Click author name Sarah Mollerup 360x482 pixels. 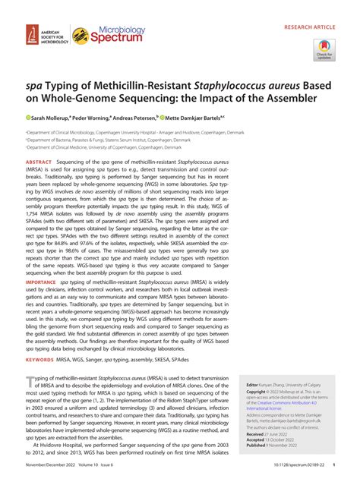click(x=52, y=119)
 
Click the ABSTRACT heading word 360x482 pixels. click(x=39, y=163)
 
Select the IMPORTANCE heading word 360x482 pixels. click(x=42, y=282)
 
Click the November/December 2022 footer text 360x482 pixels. click(x=50, y=475)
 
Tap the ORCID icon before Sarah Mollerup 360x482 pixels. click(x=28, y=119)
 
